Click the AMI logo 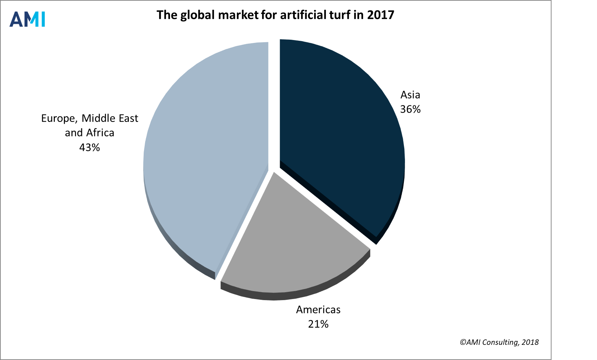27,19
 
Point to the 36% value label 410,109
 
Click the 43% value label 90,148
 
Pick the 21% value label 318,324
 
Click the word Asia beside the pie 410,95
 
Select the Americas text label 318,310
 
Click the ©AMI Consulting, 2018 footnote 499,342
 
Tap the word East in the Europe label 128,118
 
